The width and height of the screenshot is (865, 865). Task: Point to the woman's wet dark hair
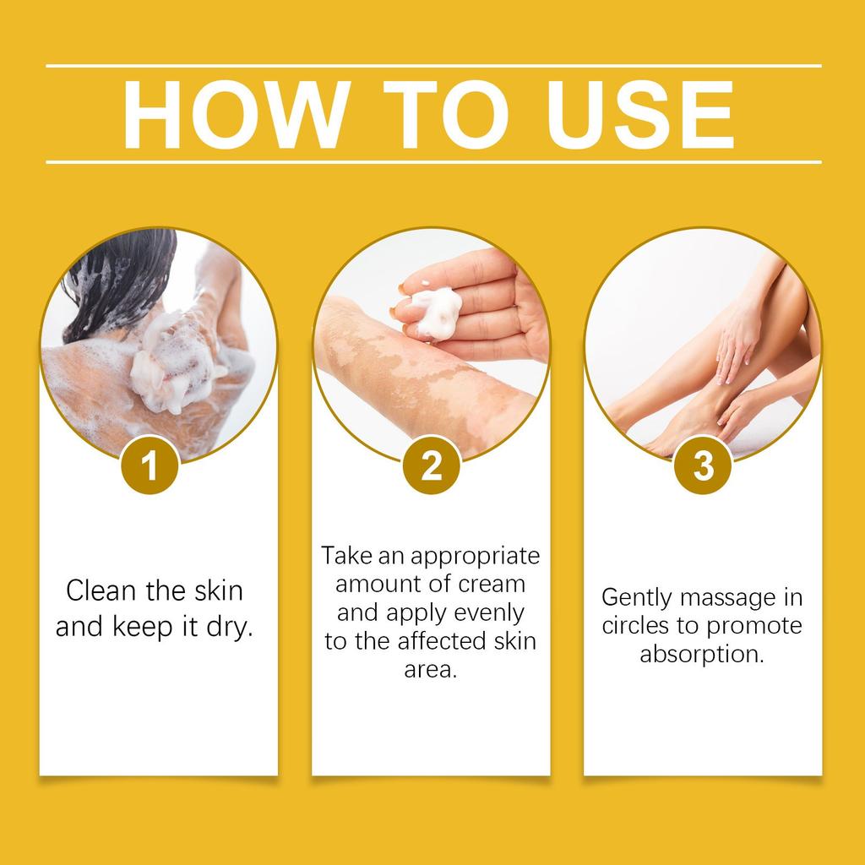[118, 279]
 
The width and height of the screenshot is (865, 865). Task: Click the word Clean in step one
[101, 590]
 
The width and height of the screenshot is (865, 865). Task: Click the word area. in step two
[431, 669]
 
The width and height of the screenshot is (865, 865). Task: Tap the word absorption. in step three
[702, 655]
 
